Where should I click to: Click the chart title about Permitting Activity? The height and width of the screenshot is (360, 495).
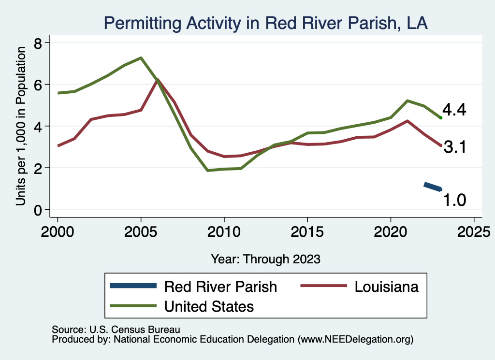265,23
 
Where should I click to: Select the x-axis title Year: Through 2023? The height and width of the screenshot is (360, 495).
265,259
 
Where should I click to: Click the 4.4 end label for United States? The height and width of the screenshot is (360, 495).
454,110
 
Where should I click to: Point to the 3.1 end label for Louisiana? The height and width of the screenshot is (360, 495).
454,147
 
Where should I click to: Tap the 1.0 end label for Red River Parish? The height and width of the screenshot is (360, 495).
454,200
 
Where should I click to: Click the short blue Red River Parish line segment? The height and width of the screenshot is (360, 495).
433,187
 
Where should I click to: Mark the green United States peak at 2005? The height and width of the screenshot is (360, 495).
141,58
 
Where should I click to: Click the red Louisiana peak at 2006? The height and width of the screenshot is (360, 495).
158,80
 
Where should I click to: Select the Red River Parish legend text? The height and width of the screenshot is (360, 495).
220,287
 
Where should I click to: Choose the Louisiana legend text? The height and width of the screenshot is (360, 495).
386,287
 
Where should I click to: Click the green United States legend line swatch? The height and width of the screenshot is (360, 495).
133,306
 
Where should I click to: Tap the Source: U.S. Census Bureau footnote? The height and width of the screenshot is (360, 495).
116,330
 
